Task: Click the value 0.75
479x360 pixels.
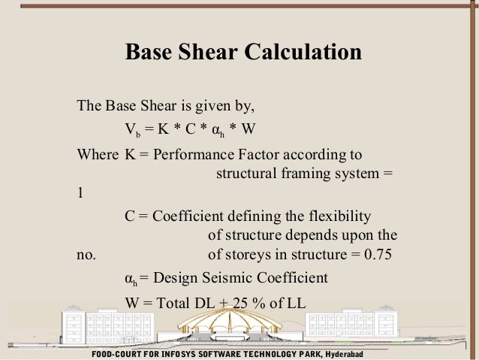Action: pyautogui.click(x=381, y=253)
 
